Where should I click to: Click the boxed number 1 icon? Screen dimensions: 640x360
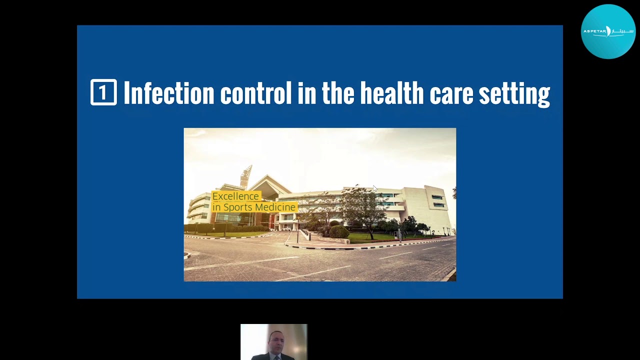click(103, 92)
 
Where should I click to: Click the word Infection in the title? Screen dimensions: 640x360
click(169, 92)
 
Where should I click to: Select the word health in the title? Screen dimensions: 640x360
click(391, 92)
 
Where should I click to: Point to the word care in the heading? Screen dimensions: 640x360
click(451, 95)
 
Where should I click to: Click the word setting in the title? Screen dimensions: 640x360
click(514, 94)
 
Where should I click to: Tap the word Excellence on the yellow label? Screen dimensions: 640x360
click(235, 196)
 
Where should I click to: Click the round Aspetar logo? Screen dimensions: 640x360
click(608, 31)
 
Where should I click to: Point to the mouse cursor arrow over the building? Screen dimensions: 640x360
click(375, 188)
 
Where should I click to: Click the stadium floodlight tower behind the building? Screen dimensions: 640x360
click(246, 176)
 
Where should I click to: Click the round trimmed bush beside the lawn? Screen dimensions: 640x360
click(339, 231)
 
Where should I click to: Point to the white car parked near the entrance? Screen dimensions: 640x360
click(286, 228)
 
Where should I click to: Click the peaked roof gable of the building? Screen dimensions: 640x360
click(268, 183)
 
